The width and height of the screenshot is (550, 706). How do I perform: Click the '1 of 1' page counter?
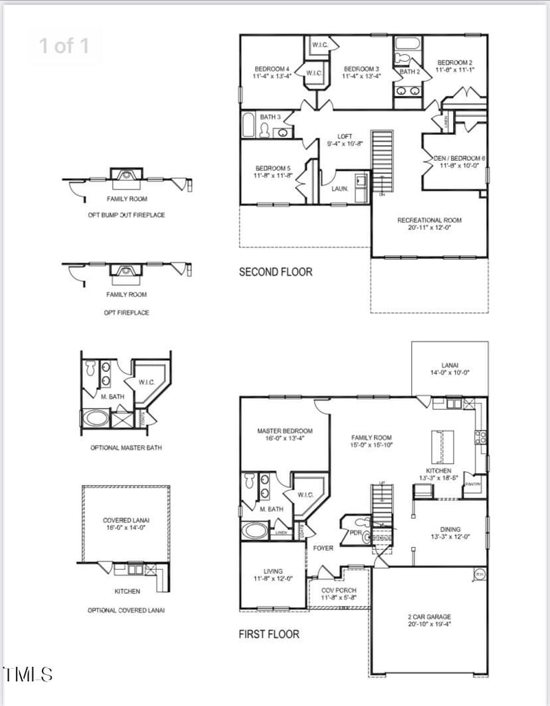[64, 46]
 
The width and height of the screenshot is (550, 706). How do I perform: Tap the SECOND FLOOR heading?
[275, 272]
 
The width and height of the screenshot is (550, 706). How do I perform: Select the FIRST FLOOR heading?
[269, 633]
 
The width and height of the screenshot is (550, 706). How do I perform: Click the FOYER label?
[323, 548]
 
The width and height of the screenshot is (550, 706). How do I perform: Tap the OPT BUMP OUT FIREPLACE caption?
[126, 215]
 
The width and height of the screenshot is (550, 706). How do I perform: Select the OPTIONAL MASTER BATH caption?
[126, 448]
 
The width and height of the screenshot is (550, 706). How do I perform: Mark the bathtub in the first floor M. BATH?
[255, 531]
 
